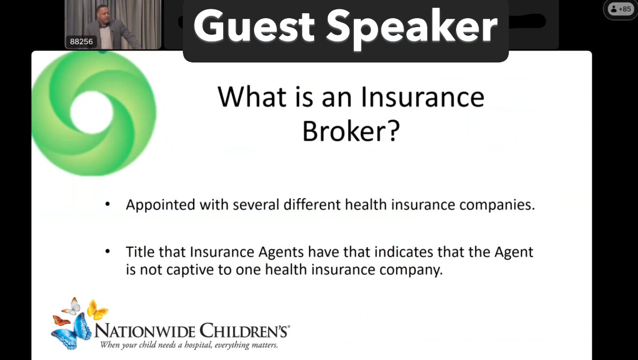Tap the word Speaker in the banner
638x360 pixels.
(x=412, y=29)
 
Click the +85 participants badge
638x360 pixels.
(x=621, y=9)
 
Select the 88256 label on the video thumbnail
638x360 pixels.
(x=81, y=42)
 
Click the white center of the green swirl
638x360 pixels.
(x=92, y=113)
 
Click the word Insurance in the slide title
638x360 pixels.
(x=423, y=97)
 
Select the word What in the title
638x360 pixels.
(x=252, y=96)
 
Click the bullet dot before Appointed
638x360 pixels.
(x=107, y=204)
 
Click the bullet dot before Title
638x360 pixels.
(x=107, y=251)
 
